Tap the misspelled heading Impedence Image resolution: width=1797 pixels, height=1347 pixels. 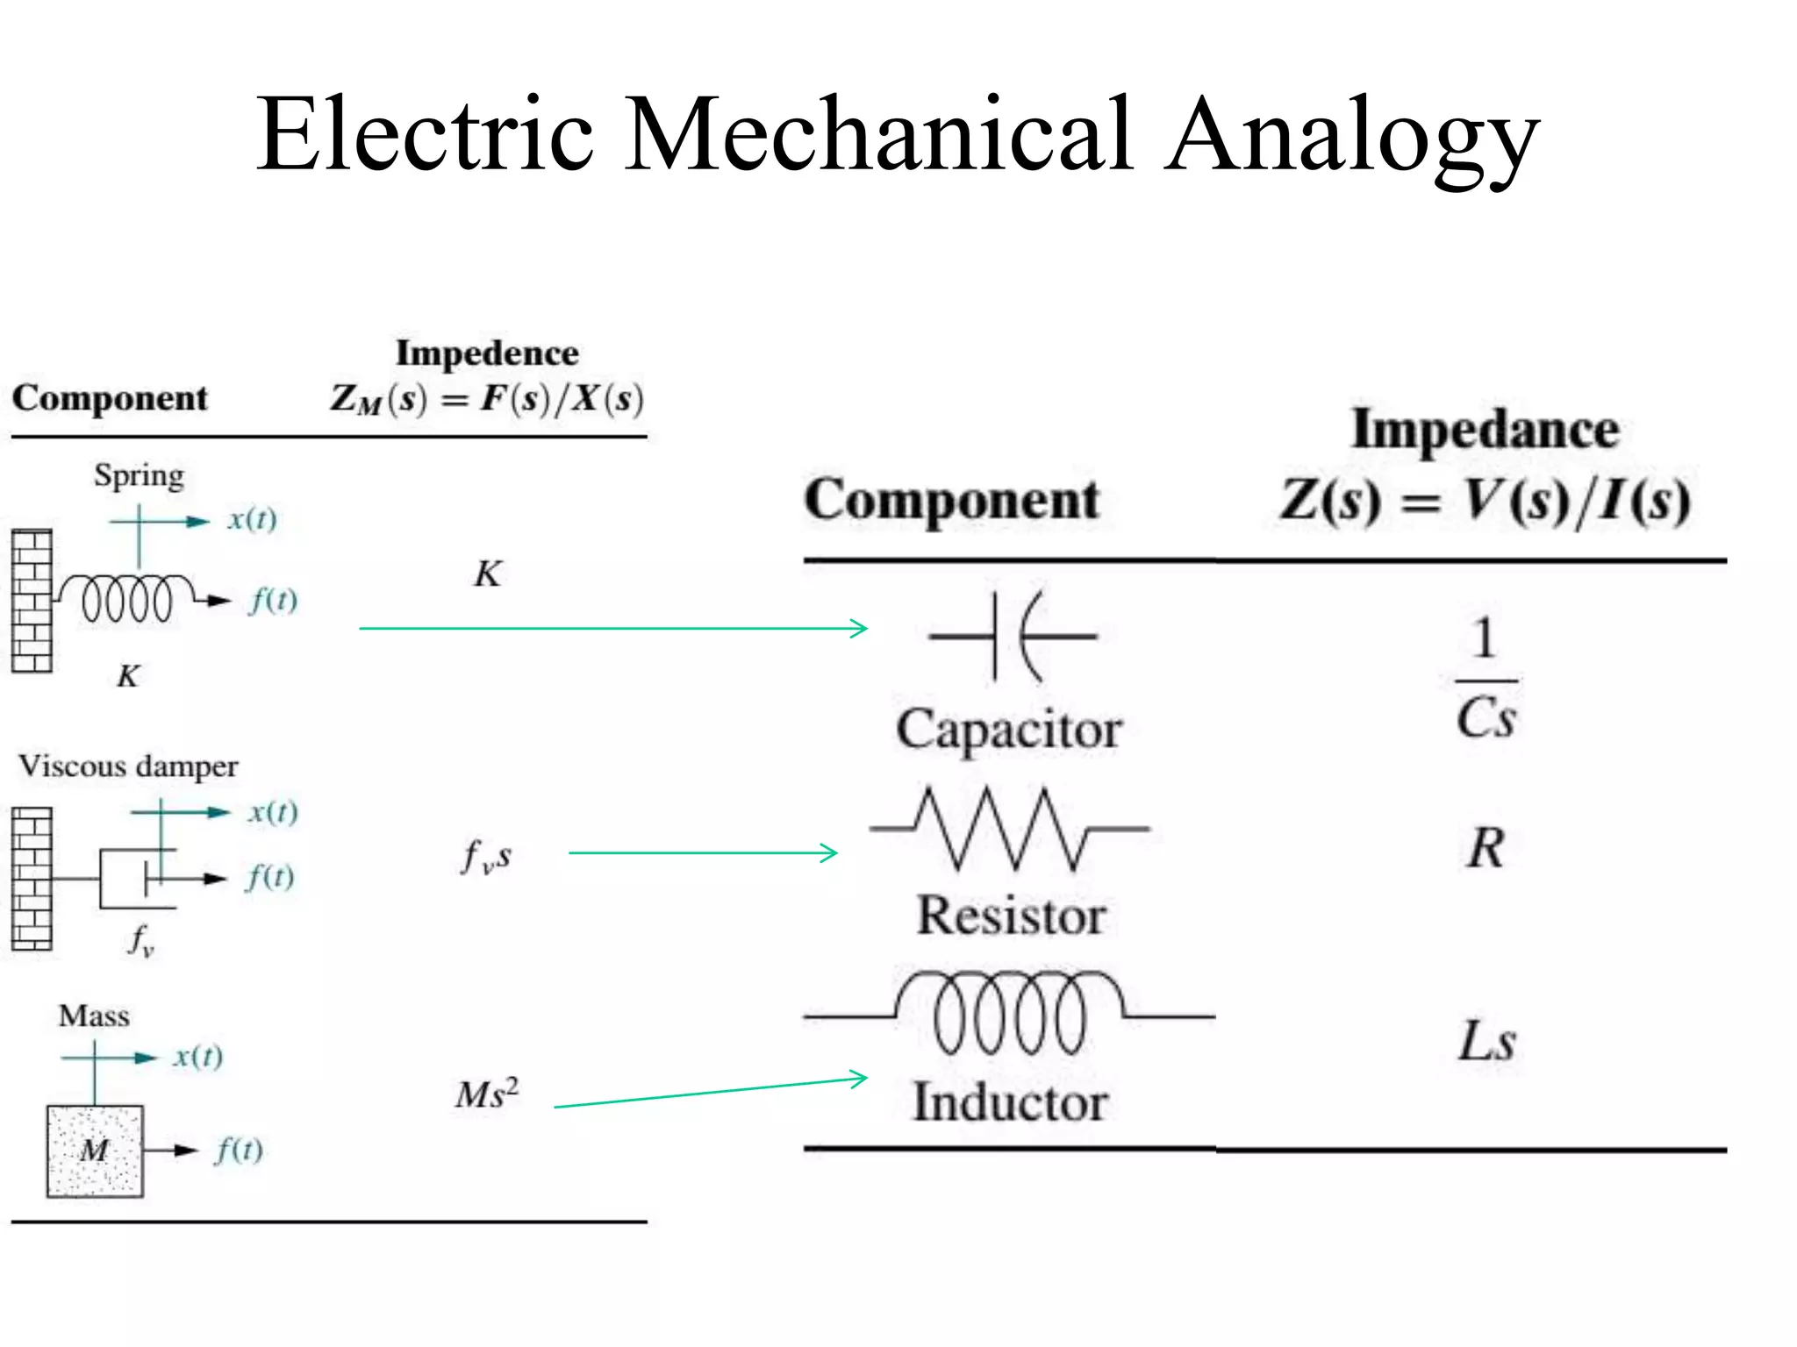[x=487, y=353]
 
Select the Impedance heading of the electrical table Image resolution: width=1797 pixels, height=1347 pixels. [x=1485, y=430]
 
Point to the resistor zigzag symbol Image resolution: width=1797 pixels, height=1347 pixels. [x=1009, y=829]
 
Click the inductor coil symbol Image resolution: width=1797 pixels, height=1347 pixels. [x=1009, y=1013]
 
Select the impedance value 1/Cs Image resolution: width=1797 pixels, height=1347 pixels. [x=1486, y=680]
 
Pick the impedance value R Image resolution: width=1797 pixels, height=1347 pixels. [x=1486, y=849]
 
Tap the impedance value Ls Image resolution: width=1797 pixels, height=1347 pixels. [x=1486, y=1042]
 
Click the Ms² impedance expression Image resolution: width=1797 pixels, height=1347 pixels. [x=487, y=1094]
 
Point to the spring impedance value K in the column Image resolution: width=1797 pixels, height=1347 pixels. [x=488, y=574]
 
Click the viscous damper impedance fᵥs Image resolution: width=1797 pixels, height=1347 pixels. [x=486, y=856]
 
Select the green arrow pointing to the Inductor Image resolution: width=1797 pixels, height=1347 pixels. [x=711, y=1093]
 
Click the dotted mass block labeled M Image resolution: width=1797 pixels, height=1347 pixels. [x=95, y=1151]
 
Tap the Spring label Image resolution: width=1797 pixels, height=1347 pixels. [x=139, y=476]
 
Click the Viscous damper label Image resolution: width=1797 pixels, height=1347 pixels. [x=128, y=766]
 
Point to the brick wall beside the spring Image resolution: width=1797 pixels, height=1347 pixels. [x=32, y=601]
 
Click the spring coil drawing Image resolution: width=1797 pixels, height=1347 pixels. [x=127, y=599]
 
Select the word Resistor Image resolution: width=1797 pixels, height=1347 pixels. [x=1011, y=916]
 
